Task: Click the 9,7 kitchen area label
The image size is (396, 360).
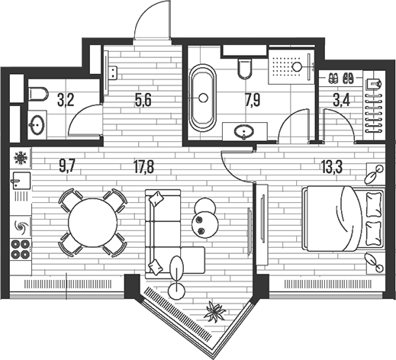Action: pos(67,167)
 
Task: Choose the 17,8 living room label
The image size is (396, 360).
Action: pos(143,167)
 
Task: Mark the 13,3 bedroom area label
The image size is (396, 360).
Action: pos(332,167)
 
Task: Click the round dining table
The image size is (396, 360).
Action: pos(93,223)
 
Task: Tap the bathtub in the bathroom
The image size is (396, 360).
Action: pos(203,98)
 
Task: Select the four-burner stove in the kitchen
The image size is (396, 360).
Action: pos(21,249)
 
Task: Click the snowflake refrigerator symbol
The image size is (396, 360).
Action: pos(21,158)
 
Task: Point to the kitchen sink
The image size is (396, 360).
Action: pos(21,180)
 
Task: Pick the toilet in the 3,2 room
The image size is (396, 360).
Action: pos(38,94)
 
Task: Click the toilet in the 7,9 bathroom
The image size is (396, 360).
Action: pos(245,69)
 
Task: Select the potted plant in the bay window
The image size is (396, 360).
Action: pos(215,312)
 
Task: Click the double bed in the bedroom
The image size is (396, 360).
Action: pos(343,219)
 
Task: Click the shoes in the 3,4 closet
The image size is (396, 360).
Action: pos(341,79)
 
